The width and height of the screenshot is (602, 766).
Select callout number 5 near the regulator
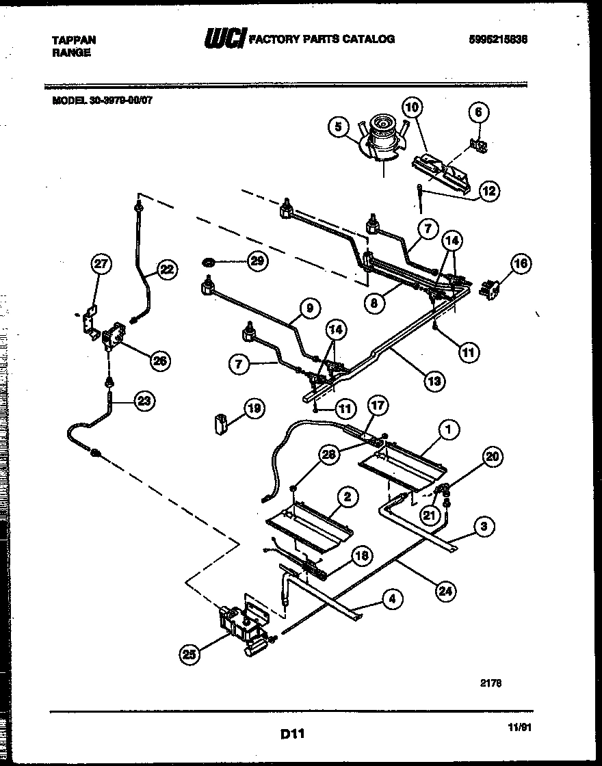(x=337, y=126)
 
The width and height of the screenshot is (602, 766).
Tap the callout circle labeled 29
(x=256, y=261)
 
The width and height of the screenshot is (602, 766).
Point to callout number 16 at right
(x=521, y=264)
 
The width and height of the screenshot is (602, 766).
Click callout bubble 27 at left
(x=101, y=265)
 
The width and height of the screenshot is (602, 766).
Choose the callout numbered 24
(x=445, y=590)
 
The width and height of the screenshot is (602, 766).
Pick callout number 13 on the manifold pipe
(x=434, y=380)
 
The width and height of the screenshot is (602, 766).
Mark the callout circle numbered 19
(x=254, y=410)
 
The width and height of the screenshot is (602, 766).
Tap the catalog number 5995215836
(x=498, y=40)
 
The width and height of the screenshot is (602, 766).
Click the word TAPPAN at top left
(x=74, y=40)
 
